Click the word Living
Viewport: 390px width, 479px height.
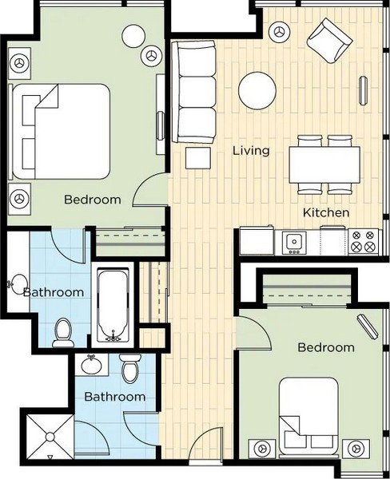(x=251, y=151)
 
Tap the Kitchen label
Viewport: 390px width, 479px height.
(x=326, y=212)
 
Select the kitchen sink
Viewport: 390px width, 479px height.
(x=294, y=243)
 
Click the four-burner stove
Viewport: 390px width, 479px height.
(x=364, y=241)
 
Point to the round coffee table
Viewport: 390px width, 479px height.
(x=257, y=90)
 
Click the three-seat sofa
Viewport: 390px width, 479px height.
(x=194, y=92)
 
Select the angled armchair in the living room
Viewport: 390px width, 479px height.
(x=329, y=41)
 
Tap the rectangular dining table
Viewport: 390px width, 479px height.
(x=324, y=164)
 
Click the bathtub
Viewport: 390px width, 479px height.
(x=113, y=305)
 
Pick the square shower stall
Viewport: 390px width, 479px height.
(x=50, y=437)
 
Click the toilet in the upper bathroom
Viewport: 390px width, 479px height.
(x=63, y=333)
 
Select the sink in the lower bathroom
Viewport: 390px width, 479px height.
(x=92, y=365)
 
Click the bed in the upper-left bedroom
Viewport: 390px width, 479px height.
(x=61, y=132)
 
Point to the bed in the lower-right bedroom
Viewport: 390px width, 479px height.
(x=308, y=416)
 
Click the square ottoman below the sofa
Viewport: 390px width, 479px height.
(x=198, y=158)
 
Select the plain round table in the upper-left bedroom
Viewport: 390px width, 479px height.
(x=133, y=36)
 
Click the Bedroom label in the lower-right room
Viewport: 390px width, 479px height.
(x=326, y=347)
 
